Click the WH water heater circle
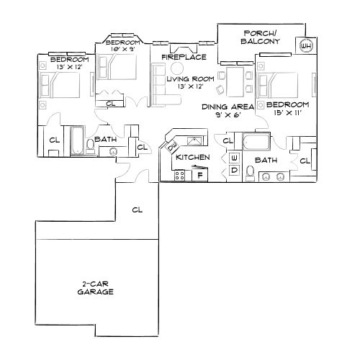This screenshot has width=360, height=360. click(306, 45)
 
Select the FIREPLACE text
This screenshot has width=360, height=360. click(184, 56)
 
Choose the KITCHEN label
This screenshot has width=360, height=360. click(193, 156)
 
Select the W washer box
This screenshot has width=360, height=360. click(234, 158)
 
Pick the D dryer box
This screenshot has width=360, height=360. click(234, 170)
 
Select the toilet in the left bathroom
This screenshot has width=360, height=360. click(89, 145)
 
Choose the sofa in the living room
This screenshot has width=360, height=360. click(158, 83)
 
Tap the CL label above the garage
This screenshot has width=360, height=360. click(138, 210)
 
